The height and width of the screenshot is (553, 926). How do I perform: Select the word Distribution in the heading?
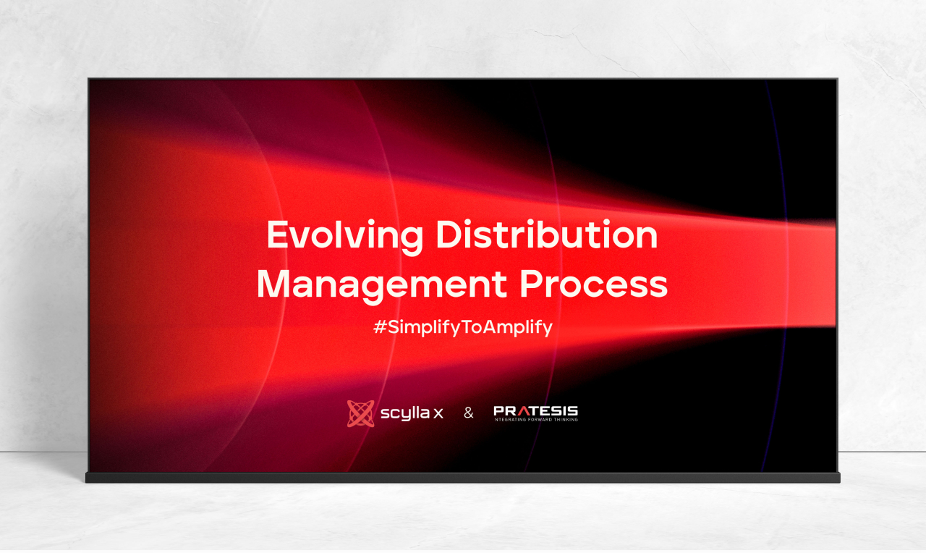tap(547, 234)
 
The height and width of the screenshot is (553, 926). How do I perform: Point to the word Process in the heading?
tap(594, 284)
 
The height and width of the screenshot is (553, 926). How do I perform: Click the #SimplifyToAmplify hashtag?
tap(462, 328)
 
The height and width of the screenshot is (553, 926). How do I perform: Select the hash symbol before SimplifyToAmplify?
tap(380, 327)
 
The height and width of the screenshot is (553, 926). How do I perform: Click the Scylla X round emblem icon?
tap(360, 413)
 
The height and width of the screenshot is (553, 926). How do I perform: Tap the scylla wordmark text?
tap(404, 413)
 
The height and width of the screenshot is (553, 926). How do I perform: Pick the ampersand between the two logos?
tap(468, 413)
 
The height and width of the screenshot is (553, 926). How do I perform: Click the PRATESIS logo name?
tap(536, 410)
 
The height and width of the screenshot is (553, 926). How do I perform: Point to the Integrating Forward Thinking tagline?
tap(536, 419)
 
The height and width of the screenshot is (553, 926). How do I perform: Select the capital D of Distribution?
tap(449, 234)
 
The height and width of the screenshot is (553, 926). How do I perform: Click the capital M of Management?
tap(273, 284)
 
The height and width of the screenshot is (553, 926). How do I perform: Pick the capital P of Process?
tap(531, 284)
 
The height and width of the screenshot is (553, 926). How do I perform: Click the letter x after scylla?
tap(438, 413)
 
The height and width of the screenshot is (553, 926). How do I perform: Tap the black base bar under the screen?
tap(463, 477)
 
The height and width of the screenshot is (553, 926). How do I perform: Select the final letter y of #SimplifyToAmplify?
tap(548, 329)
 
